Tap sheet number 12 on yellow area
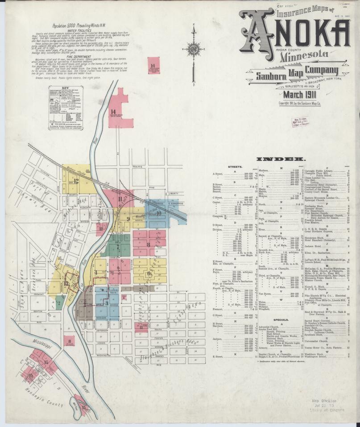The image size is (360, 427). (x=76, y=181)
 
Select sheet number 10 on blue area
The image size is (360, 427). (x=158, y=213)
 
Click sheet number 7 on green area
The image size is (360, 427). (x=118, y=246)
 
